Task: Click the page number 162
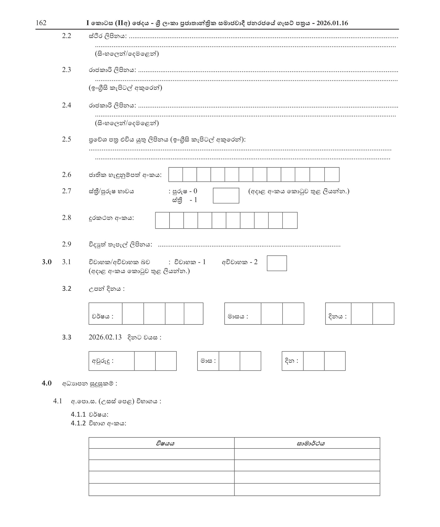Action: (x=41, y=23)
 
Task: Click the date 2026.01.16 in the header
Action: (x=332, y=23)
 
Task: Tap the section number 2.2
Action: (x=67, y=36)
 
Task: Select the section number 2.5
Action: (x=67, y=139)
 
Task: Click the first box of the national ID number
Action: (x=176, y=175)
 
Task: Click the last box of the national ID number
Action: (x=332, y=175)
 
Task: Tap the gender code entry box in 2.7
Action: (x=226, y=196)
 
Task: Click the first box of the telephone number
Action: (x=162, y=220)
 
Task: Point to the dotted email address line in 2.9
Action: (x=249, y=245)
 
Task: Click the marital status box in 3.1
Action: (x=277, y=263)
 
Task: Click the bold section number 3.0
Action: (x=47, y=262)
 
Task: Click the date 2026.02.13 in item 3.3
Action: (x=105, y=337)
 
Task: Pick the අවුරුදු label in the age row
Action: (x=103, y=361)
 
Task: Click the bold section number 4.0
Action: (x=47, y=383)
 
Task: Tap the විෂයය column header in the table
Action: (x=165, y=443)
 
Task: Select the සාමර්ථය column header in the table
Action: (x=311, y=443)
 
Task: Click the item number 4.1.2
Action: (x=78, y=423)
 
